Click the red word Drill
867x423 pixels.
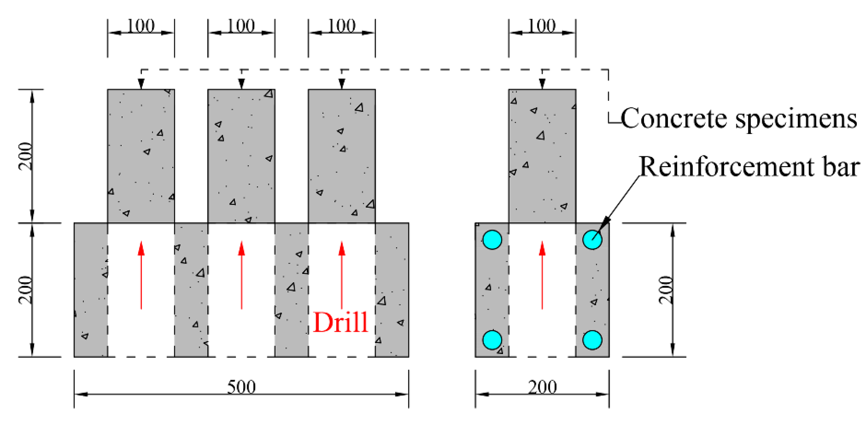[x=340, y=322]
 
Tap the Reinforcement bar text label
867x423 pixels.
[x=749, y=167]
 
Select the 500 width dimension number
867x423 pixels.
[x=241, y=387]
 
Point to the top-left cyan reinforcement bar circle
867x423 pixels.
[x=492, y=240]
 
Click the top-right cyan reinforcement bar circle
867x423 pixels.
[x=592, y=240]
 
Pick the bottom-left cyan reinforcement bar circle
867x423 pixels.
[x=492, y=340]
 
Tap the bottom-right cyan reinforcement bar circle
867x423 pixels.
[x=592, y=340]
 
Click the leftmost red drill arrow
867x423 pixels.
[x=141, y=275]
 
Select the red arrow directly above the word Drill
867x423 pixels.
[x=342, y=275]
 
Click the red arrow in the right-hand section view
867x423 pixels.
[x=542, y=275]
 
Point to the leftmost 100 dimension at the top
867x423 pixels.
[x=141, y=26]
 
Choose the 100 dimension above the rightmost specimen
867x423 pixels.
[x=542, y=26]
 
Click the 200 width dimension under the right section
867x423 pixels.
[x=542, y=387]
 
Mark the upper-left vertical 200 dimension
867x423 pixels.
[x=26, y=156]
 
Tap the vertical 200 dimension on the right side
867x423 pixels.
[x=666, y=290]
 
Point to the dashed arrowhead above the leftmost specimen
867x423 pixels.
[x=141, y=84]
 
